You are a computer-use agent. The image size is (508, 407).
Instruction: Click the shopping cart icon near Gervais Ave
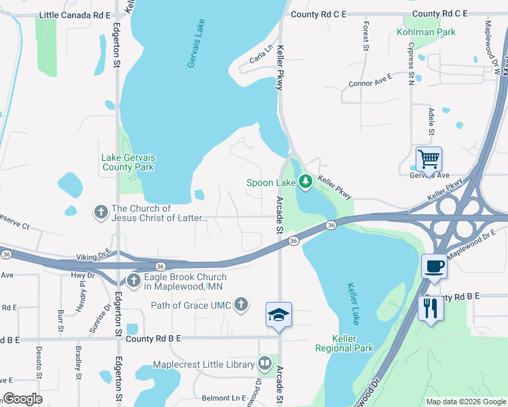(x=429, y=159)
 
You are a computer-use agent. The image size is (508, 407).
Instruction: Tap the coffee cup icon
(x=433, y=266)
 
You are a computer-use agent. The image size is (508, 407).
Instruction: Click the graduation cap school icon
(x=278, y=315)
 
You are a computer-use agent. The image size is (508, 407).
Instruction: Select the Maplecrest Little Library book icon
(x=265, y=364)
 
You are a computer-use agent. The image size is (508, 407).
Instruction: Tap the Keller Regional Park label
(x=344, y=343)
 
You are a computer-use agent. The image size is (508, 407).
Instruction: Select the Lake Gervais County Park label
(x=128, y=162)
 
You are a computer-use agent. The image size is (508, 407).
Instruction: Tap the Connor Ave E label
(x=370, y=83)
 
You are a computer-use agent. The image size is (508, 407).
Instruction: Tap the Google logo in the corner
(x=23, y=399)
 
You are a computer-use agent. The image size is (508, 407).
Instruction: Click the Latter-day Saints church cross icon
(x=101, y=212)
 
